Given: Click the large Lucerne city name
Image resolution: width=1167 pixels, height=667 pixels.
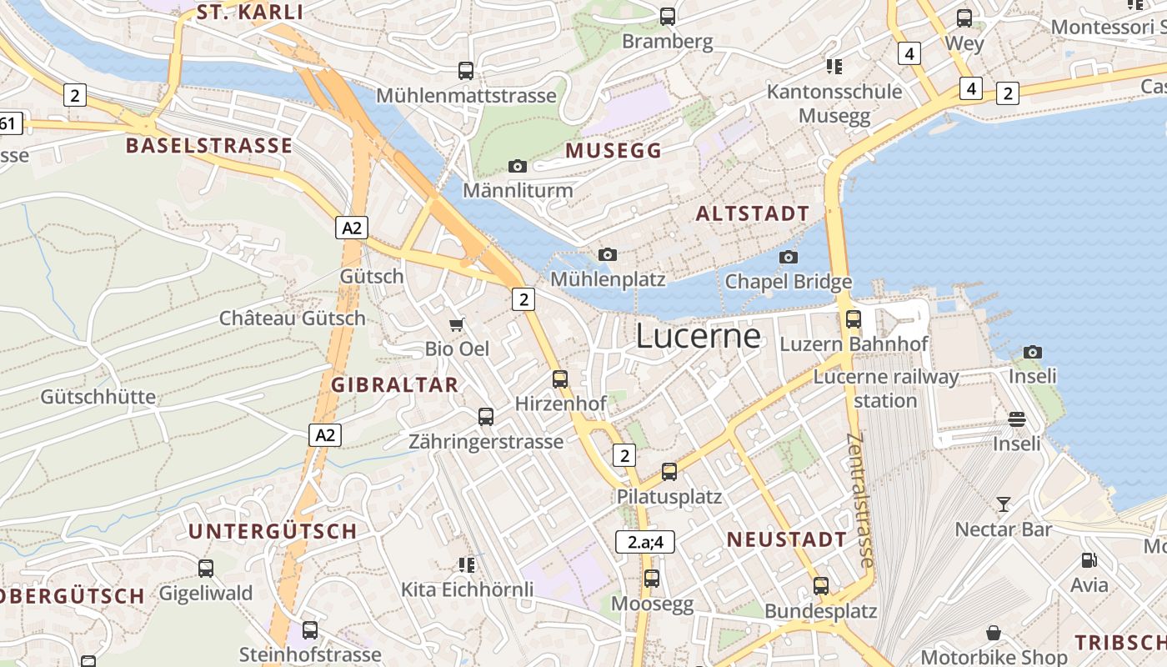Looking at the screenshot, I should [x=698, y=336].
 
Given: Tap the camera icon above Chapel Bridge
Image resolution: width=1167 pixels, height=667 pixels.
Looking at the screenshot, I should [x=789, y=257].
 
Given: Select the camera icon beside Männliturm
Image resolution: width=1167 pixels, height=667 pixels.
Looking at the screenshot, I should [x=518, y=166].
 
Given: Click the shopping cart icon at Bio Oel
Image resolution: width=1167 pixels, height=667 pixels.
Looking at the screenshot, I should [x=456, y=323].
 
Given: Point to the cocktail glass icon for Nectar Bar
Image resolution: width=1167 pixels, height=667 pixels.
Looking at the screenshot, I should [x=1004, y=504].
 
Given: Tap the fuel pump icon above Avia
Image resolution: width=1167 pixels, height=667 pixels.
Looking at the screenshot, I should [x=1089, y=560].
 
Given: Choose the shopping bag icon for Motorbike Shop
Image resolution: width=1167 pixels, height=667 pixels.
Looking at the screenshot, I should [x=994, y=633].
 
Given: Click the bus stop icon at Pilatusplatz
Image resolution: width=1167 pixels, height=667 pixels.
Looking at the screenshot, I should [x=669, y=472].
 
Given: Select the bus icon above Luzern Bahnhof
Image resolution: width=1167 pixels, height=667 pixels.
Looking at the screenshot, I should [x=854, y=318].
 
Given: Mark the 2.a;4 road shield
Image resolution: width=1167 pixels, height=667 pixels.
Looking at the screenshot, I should [x=645, y=542].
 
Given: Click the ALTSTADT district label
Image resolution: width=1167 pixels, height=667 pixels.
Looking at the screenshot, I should [x=752, y=213].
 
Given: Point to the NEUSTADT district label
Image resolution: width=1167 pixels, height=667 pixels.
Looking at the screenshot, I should [x=787, y=539].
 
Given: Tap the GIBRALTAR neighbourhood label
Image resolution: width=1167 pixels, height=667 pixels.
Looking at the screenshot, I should [x=395, y=384].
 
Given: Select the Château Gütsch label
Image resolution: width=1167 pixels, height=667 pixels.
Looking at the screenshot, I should [x=292, y=318].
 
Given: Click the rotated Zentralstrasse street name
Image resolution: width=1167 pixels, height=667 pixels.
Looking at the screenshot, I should [x=859, y=500].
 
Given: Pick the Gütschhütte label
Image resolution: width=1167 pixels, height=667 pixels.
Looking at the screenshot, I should [x=98, y=396].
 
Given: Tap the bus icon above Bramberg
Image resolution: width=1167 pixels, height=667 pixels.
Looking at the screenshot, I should [x=667, y=16].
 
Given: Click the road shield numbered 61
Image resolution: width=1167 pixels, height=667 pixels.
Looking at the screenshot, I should [x=8, y=124].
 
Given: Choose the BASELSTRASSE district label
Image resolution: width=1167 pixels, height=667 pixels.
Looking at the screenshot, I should [x=208, y=146].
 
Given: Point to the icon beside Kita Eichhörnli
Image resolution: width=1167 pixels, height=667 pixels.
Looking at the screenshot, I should [x=467, y=565].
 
